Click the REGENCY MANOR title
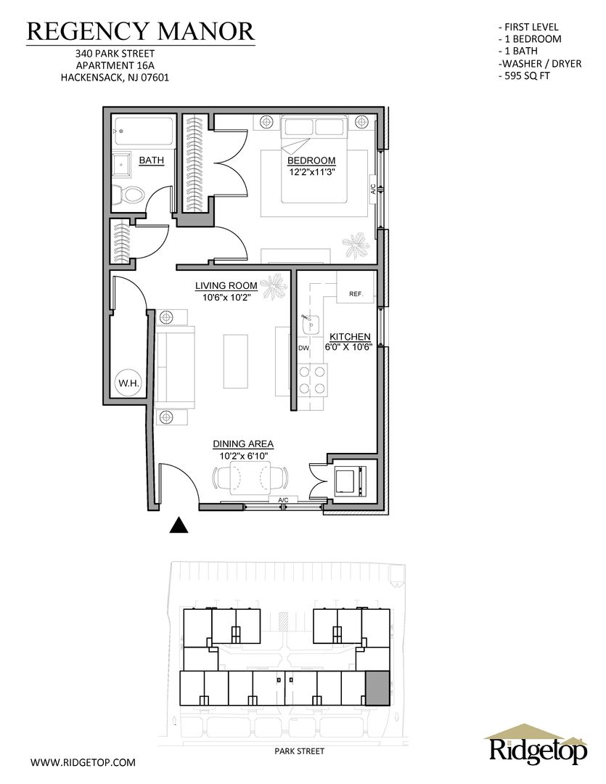(141, 31)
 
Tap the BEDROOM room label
(311, 160)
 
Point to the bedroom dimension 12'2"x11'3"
(311, 172)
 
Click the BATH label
(152, 160)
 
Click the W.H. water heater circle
(128, 383)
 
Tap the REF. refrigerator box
(356, 287)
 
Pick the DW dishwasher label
(303, 348)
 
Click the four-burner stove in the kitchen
(313, 380)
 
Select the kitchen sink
(311, 325)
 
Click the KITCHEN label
(350, 337)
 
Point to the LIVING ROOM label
(226, 286)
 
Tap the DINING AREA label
(244, 444)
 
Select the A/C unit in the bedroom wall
(372, 189)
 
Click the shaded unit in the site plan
(377, 688)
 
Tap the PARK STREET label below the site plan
(300, 751)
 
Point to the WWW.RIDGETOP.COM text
(83, 762)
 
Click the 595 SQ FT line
(524, 76)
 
